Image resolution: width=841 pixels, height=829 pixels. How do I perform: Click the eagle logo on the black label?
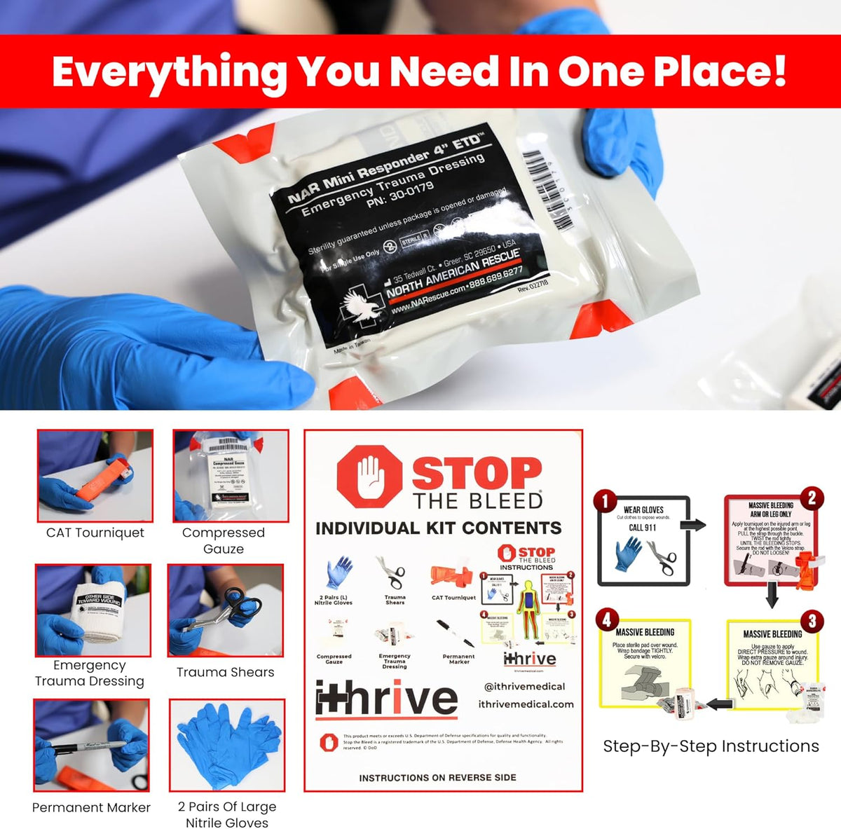pos(362,307)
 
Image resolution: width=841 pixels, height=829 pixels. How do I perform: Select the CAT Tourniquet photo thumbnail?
pos(95,476)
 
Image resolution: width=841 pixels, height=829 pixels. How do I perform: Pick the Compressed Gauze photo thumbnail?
pos(231,476)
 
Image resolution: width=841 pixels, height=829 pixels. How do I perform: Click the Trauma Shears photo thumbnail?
pos(226,610)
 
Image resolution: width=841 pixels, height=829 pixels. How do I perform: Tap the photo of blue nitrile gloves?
pos(227,745)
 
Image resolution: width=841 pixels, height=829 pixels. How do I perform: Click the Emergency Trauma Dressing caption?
pos(90,673)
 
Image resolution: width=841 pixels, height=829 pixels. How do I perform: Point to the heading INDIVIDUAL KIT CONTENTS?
pos(439,528)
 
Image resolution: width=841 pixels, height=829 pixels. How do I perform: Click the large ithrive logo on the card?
pos(386,699)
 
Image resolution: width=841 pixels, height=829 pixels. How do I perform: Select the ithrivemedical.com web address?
pos(526,704)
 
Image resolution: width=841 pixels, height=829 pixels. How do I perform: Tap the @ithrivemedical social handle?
pos(524,687)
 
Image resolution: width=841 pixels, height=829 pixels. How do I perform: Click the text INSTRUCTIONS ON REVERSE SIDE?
pos(437,778)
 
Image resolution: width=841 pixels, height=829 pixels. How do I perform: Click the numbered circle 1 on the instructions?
pos(605,501)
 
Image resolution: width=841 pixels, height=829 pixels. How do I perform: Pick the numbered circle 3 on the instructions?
pos(812,622)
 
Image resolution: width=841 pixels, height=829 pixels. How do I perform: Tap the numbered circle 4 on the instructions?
pos(607,619)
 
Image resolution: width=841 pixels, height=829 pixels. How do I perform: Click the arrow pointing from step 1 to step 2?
pos(693,525)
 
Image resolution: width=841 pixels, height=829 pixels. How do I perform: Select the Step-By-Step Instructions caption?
pos(711,746)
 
